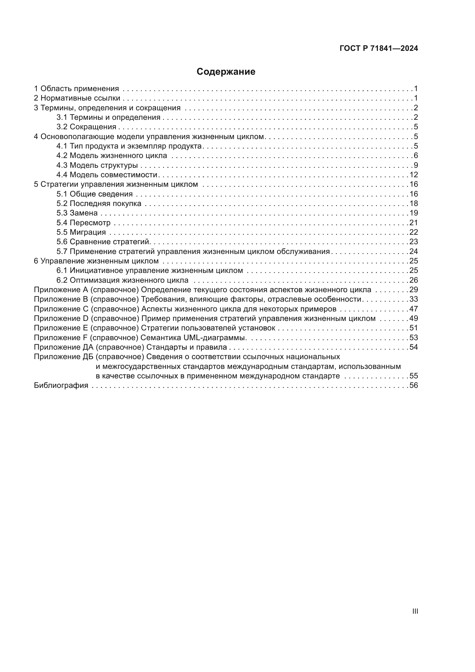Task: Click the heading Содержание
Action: pos(226,72)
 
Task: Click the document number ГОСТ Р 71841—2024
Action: pos(379,49)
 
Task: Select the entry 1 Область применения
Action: pos(76,89)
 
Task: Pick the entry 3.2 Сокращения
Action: pos(86,127)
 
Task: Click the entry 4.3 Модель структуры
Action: pos(97,165)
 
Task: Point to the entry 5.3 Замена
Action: pos(77,213)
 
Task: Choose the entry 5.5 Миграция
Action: pos(81,232)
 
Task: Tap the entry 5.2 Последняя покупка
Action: pos(99,203)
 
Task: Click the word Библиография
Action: pos(61,386)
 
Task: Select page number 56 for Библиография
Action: pos(414,386)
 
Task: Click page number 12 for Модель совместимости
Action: pos(414,175)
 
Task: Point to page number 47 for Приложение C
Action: pos(414,309)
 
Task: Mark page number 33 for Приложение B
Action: pos(414,299)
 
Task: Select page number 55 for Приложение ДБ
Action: pos(414,376)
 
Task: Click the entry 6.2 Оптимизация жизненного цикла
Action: pos(122,280)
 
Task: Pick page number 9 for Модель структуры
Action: pos(416,165)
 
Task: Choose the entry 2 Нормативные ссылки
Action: pos(77,98)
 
